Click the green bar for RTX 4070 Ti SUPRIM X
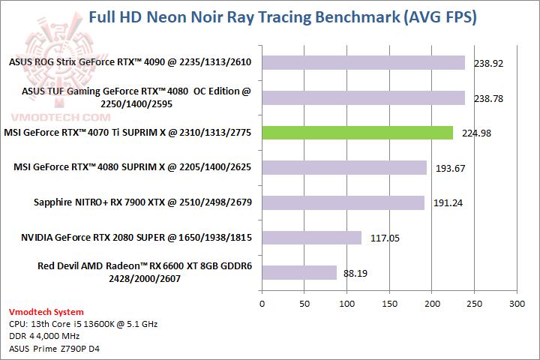tap(357, 133)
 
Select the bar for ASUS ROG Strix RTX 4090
tap(363, 62)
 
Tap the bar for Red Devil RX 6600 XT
tap(298, 272)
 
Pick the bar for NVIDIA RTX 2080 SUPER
tap(311, 238)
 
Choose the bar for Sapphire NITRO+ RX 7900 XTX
tap(343, 202)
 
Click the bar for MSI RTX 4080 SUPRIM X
tap(343, 167)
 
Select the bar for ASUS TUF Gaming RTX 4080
tap(363, 97)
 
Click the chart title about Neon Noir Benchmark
tap(283, 16)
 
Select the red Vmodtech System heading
tap(46, 312)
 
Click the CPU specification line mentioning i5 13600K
tap(83, 324)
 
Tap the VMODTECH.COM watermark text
tap(56, 118)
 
